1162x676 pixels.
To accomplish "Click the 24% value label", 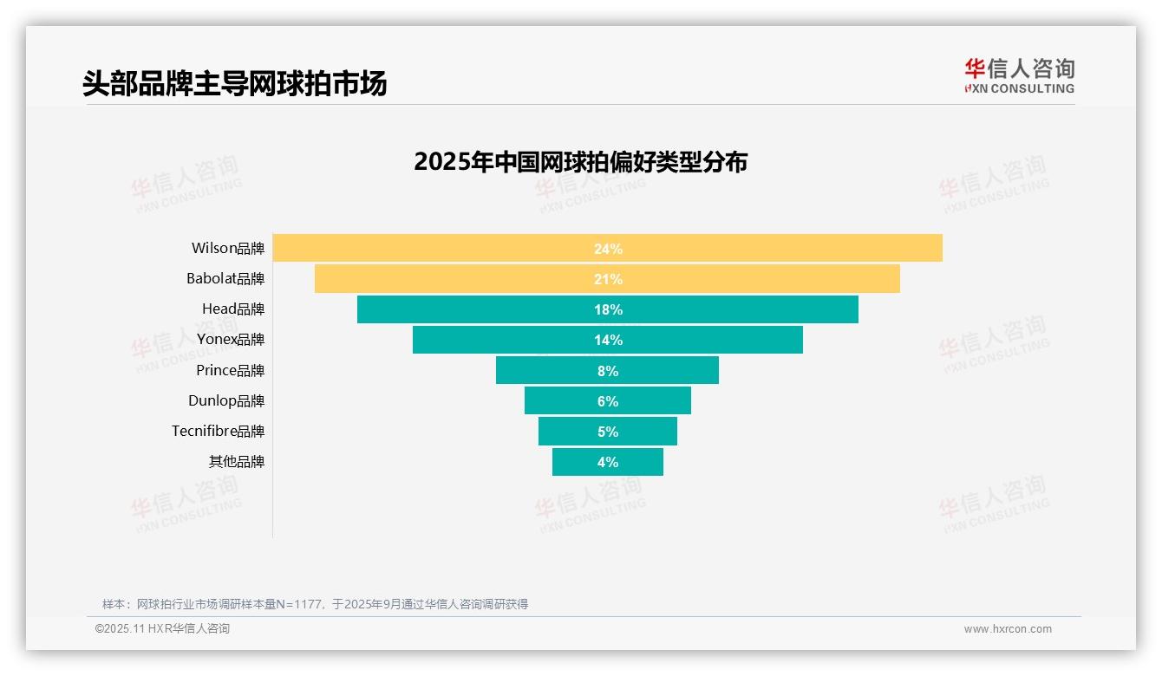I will [x=608, y=249].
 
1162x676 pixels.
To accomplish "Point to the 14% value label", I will [x=608, y=340].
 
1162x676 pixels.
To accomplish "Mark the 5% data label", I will [x=608, y=432].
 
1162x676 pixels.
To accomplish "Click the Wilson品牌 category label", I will [x=228, y=249].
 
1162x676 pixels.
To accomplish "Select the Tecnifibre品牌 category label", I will [x=218, y=432].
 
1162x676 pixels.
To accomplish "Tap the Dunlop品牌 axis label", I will [x=226, y=401].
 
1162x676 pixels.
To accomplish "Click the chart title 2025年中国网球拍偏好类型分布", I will [x=580, y=162].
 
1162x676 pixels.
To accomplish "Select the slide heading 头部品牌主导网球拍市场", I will [x=234, y=83].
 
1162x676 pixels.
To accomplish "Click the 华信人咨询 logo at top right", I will [x=1019, y=75].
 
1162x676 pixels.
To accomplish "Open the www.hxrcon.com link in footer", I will [x=1008, y=629].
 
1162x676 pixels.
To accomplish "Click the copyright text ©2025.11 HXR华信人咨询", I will [x=162, y=629].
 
